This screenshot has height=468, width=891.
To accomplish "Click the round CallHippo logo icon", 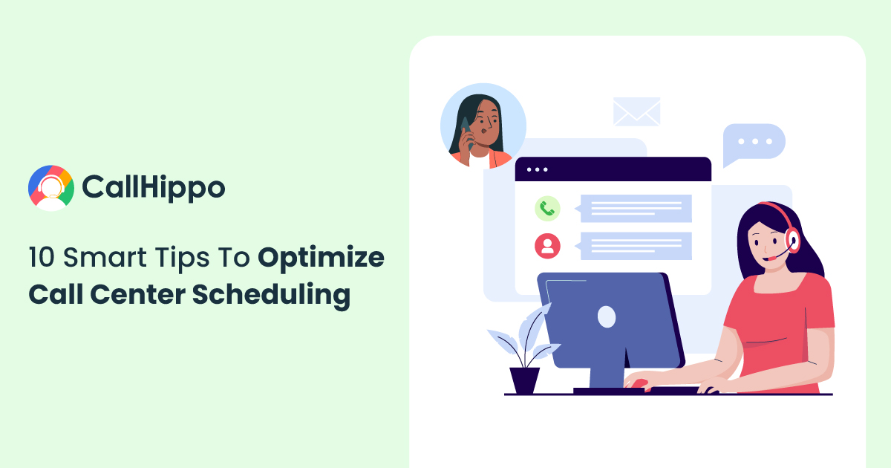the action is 51,188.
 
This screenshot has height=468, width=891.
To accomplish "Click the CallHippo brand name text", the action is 154,187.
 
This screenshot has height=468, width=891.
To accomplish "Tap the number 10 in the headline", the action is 42,257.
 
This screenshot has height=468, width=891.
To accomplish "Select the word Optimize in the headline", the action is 321,259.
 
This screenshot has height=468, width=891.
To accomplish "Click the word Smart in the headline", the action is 105,257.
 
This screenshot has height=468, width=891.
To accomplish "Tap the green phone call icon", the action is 547,209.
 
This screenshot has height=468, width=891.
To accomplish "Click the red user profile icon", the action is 547,246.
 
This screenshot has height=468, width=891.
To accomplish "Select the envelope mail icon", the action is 636,111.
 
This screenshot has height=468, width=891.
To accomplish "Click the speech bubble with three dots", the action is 754,143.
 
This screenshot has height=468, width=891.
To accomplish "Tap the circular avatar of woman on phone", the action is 483,126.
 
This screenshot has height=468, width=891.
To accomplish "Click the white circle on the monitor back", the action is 607,316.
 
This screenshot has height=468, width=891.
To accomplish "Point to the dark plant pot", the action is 525,380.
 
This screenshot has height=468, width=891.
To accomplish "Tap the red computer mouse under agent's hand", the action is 638,383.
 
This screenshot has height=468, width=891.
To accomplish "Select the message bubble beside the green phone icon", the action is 633,209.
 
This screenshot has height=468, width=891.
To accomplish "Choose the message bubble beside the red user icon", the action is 633,246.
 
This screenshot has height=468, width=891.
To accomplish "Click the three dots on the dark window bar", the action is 538,169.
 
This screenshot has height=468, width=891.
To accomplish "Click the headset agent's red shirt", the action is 780,326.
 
